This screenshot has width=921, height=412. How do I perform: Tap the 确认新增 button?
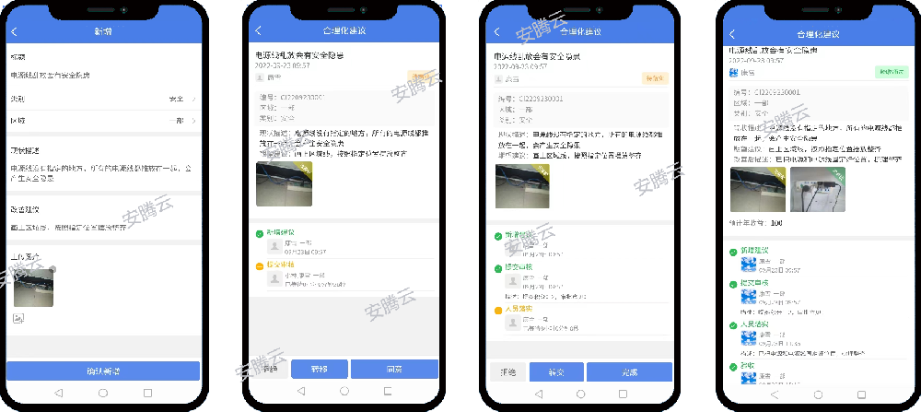(x=102, y=371)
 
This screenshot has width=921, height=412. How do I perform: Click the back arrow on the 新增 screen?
(x=14, y=31)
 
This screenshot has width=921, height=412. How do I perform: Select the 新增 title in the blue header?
(x=102, y=31)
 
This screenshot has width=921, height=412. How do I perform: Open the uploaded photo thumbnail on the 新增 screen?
(x=33, y=287)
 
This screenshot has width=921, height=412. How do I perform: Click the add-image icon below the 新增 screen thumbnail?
(x=17, y=317)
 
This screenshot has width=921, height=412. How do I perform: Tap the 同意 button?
(x=394, y=369)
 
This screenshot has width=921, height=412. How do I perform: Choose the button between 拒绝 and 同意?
(x=319, y=369)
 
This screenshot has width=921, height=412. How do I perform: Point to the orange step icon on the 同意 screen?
(x=260, y=266)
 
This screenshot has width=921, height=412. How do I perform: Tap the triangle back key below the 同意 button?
(x=298, y=391)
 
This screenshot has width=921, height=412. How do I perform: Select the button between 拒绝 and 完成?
(x=555, y=371)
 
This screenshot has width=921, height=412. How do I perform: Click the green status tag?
(x=889, y=71)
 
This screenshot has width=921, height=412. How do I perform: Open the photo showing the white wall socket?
(x=818, y=189)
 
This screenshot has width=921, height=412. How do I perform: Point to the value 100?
(x=776, y=223)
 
